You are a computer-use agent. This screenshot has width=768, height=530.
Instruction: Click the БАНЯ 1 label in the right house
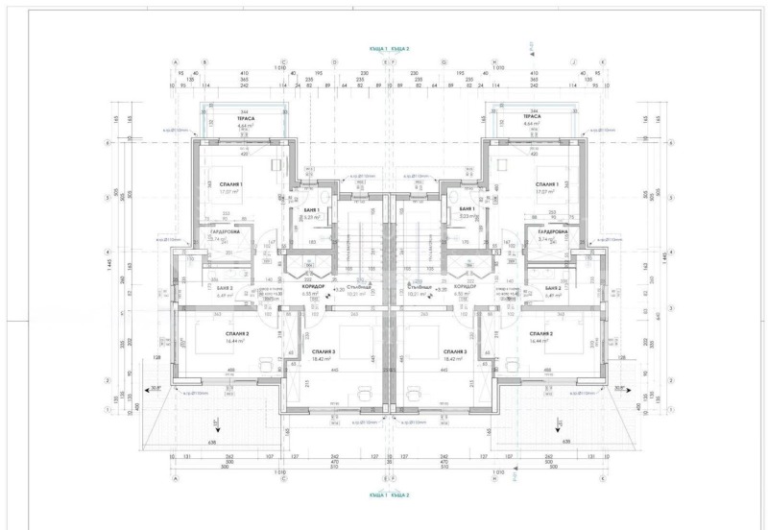[468, 208]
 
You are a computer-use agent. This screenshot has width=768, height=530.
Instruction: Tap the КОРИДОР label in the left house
[313, 287]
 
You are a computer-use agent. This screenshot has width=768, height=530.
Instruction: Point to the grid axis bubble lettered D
[334, 60]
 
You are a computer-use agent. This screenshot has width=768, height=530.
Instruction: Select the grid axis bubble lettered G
[444, 60]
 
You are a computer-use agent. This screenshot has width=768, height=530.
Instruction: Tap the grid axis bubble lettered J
[574, 60]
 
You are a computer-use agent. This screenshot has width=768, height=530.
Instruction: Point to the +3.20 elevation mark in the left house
[339, 287]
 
